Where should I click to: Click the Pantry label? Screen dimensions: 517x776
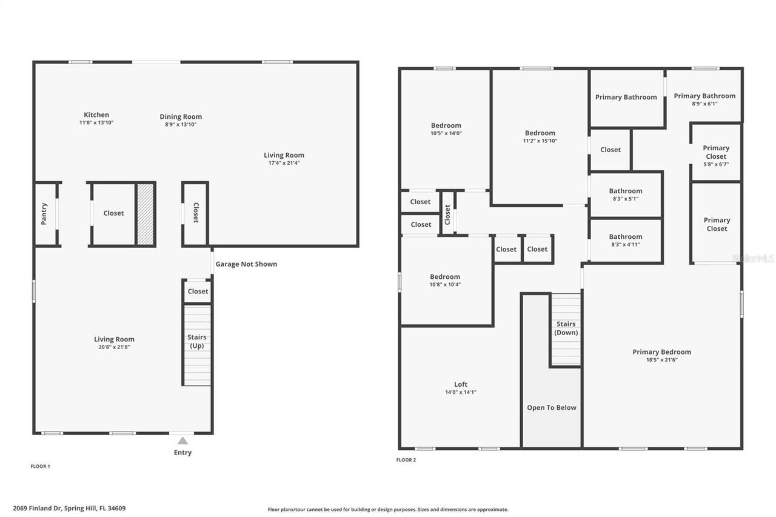(44, 214)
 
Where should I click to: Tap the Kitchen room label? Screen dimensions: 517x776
(96, 115)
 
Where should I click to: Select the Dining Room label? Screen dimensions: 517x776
(181, 116)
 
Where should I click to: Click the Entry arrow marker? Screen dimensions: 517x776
(182, 441)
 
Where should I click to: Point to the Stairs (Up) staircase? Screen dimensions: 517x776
(197, 345)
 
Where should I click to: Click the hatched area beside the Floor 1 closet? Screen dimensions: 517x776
(145, 214)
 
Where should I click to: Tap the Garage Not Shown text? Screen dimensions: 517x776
(246, 264)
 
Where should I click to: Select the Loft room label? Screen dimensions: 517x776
(461, 384)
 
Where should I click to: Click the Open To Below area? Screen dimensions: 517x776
(552, 407)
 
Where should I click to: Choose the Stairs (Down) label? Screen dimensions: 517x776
(566, 328)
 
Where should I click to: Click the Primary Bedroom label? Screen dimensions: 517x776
(661, 352)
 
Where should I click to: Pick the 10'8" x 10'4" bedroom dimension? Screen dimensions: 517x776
(445, 284)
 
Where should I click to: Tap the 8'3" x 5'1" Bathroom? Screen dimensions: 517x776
(626, 195)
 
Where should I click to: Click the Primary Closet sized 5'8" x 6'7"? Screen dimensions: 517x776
(716, 155)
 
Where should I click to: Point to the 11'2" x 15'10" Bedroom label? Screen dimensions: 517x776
(540, 133)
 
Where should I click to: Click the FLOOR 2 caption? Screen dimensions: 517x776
(406, 460)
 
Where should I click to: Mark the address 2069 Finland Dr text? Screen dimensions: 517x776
(69, 509)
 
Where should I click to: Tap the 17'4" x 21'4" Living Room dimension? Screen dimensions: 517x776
(284, 162)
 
